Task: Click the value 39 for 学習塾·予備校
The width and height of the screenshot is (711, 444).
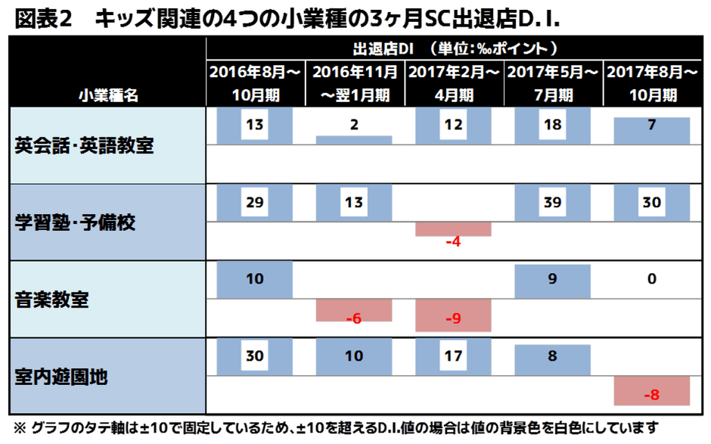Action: coord(552,202)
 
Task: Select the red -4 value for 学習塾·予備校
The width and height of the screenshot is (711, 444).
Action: coord(453,241)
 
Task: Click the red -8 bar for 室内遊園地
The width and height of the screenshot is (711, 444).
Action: coord(651,394)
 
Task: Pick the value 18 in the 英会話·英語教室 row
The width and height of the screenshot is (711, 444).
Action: coord(552,125)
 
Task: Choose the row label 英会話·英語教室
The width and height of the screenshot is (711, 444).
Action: coord(84,145)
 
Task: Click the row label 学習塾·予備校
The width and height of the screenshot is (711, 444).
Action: coord(84,222)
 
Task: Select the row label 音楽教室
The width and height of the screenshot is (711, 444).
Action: coord(52,300)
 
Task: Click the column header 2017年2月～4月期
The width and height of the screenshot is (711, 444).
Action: coord(453,83)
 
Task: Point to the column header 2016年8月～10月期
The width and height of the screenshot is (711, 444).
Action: coord(255,83)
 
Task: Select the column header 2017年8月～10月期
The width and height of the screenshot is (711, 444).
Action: coord(651,83)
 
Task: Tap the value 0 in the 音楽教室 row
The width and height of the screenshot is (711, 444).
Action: coord(651,279)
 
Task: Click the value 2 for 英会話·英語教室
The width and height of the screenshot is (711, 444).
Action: coord(354,125)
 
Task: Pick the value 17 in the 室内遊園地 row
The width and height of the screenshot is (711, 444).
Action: coord(453,356)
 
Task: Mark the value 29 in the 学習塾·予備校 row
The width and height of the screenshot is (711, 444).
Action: coord(255,202)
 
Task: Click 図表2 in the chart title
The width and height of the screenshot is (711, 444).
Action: coord(42,20)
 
